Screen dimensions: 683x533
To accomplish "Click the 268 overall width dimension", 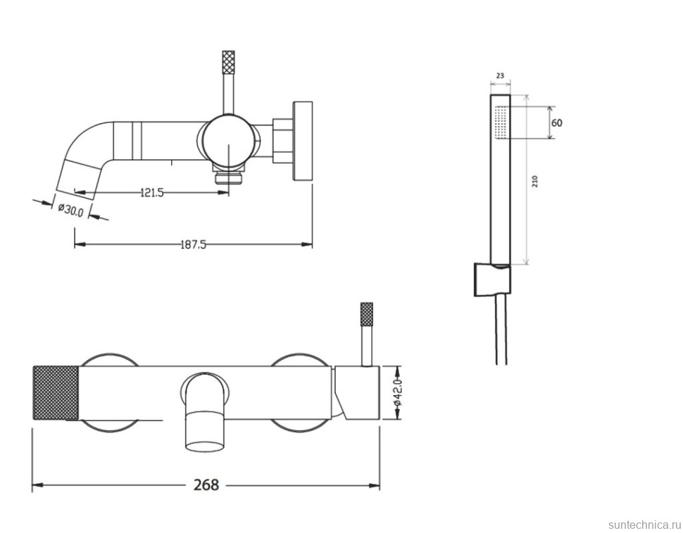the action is pos(206,484).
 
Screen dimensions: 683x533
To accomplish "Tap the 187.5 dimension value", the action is pos(193,245).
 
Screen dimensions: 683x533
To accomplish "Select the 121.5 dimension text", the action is pos(152,192).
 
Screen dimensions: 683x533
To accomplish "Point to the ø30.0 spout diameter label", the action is pos(71,209).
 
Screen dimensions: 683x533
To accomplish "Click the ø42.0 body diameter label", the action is pos(398,393).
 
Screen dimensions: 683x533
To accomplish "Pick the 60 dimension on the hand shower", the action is pos(557,123).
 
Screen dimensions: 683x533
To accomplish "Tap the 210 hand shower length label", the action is pos(535,181).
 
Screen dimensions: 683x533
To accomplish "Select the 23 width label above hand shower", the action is pos(500,76).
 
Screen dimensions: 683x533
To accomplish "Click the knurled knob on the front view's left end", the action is pos(56,393).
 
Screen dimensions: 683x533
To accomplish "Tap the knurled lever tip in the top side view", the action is pos(228,62).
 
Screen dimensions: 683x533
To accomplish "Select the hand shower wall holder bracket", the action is pos(492,280).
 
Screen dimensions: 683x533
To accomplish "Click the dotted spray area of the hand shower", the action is pos(502,123).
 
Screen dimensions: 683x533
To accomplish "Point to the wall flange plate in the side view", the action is pos(303,141).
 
